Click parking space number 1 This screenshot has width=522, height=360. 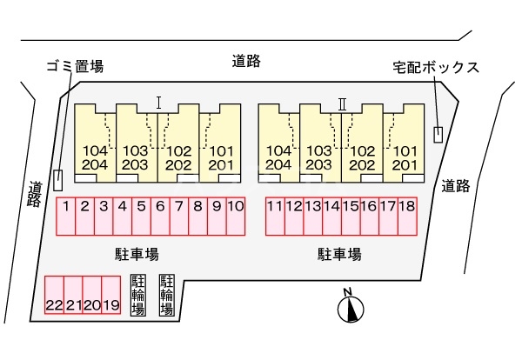65,217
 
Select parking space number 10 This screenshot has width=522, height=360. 235,217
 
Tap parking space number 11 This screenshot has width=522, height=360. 275,217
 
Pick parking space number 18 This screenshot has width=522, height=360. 406,217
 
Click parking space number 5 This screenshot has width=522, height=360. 141,217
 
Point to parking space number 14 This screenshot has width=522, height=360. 331,217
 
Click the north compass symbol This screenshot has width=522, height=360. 351,307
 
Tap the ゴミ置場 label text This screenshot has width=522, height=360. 74,67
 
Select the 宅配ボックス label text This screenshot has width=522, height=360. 435,67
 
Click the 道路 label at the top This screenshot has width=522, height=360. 247,61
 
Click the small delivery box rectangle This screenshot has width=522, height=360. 438,135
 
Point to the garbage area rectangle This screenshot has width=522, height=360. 58,179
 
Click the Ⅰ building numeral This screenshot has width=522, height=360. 158,102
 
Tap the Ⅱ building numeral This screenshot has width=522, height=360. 342,103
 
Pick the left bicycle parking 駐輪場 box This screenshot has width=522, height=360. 137,296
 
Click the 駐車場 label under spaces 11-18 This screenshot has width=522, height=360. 339,254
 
